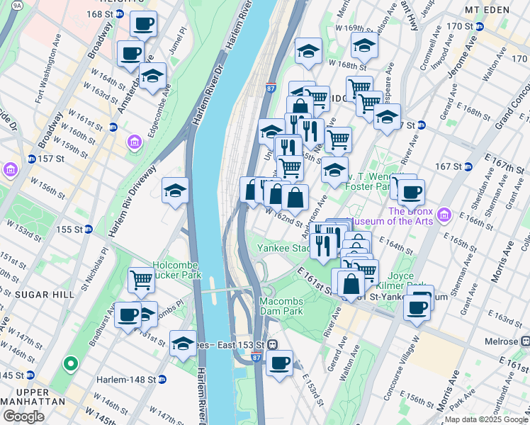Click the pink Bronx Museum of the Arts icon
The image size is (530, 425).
(444, 214)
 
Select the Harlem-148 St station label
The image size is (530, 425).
(122, 380)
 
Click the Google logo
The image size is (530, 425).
(23, 416)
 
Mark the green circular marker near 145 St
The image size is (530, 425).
(70, 364)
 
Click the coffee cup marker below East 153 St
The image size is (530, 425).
(280, 363)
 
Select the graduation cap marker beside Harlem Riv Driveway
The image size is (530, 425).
(175, 191)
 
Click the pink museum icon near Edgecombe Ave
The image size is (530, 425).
(135, 144)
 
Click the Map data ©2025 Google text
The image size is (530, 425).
(485, 419)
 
